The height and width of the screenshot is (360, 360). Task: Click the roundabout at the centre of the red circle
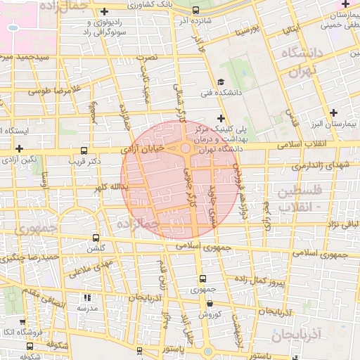coord(186,148)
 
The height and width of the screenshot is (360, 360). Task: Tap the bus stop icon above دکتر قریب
coord(84,150)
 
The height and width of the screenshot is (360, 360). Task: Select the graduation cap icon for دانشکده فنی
coord(220,81)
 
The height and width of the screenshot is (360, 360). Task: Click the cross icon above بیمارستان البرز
coord(334,112)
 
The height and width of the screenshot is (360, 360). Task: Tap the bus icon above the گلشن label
coord(96,238)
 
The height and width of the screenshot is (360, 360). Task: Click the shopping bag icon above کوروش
coord(210,304)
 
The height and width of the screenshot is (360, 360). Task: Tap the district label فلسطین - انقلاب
coord(299,199)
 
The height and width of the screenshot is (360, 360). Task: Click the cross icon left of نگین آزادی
coord(19,149)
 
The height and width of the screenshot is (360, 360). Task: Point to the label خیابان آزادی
coord(143,149)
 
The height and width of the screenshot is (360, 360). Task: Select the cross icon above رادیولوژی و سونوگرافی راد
coord(105,11)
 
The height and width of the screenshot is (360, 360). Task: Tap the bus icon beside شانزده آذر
coord(195,11)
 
